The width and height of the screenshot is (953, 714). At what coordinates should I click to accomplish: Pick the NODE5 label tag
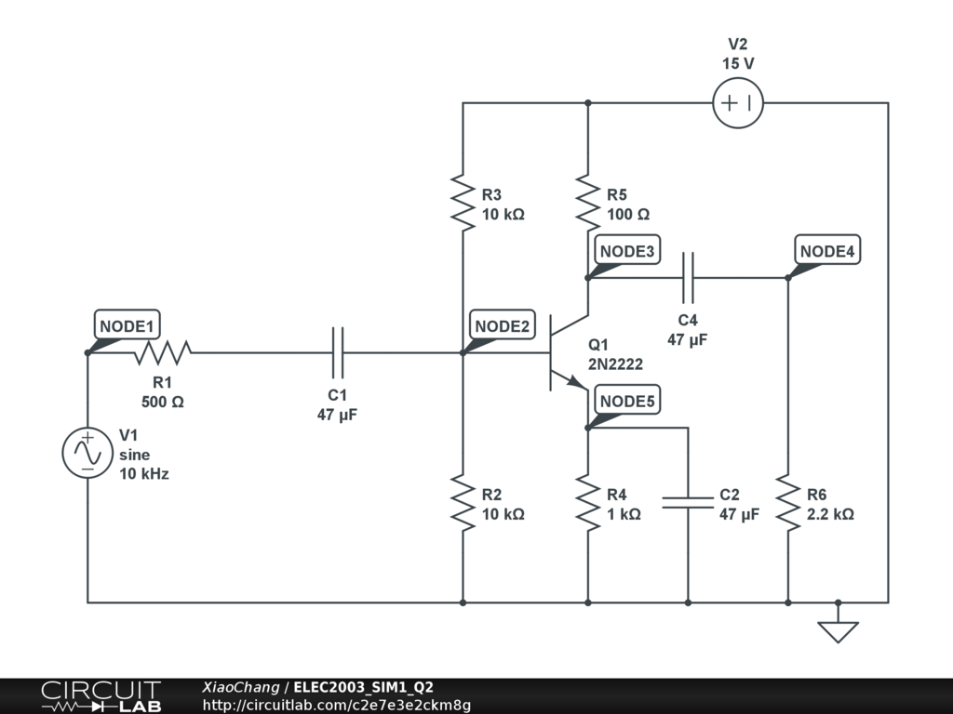pos(627,400)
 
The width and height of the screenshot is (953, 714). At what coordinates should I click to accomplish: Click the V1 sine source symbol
pos(87,453)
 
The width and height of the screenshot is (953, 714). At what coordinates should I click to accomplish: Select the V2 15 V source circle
pos(738,102)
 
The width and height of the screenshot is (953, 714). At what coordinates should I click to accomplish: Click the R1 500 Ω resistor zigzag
pos(162,352)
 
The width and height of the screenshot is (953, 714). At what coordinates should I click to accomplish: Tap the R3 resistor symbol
pos(463,203)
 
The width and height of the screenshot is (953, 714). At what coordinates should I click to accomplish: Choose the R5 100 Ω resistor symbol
pos(588,203)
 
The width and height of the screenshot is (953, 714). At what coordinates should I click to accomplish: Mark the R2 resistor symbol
pos(463,503)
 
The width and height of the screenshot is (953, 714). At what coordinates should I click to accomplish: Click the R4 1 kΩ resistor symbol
pos(588,503)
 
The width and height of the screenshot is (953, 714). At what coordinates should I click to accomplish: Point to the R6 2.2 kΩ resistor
pos(787,503)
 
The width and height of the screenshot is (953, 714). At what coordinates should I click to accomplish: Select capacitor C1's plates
pos(338,352)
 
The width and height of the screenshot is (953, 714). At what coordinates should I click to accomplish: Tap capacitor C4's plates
pos(688,277)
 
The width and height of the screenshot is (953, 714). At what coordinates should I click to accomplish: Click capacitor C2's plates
pos(688,502)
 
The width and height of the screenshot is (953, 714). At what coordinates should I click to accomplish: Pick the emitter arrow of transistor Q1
pos(575,382)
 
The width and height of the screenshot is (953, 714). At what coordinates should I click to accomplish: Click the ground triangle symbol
pos(839,631)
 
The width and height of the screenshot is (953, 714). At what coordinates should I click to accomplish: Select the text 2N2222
pos(615,364)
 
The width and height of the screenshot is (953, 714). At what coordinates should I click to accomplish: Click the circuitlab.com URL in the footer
pos(337,705)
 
